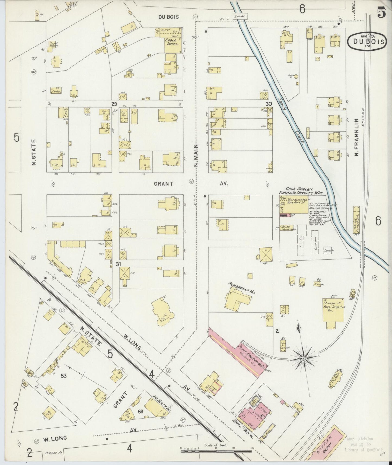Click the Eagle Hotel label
tap(172, 42)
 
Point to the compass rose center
tap(304, 358)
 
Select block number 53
tap(64, 376)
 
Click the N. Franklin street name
tap(356, 139)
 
